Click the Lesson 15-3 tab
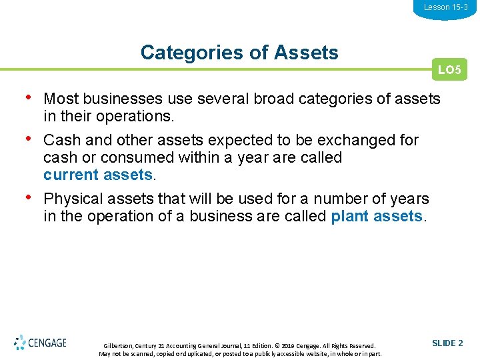[x=445, y=7]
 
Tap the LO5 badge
[x=449, y=69]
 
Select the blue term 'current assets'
[x=98, y=175]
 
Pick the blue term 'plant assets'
[x=376, y=216]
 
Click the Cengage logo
[x=41, y=343]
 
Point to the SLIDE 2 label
[x=447, y=343]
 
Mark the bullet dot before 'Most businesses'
[x=27, y=97]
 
